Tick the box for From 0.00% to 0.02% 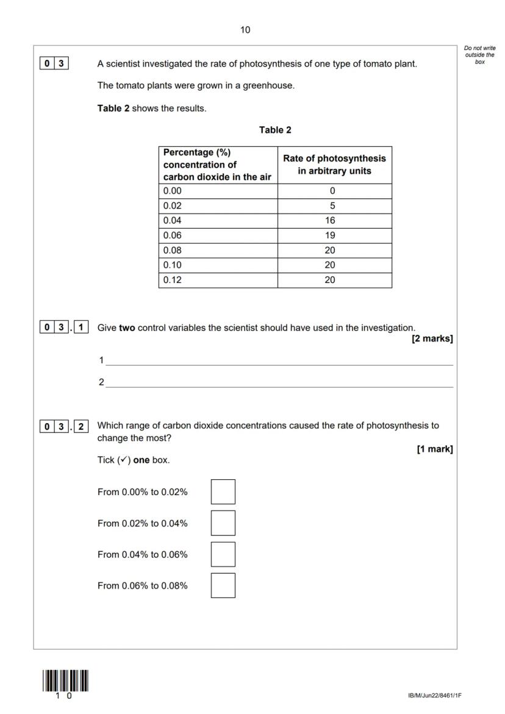click(223, 492)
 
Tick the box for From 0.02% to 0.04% click(223, 523)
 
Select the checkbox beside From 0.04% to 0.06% click(223, 554)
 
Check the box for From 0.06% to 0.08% click(223, 585)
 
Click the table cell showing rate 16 click(334, 221)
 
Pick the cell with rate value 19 click(334, 235)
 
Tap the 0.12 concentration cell click(218, 280)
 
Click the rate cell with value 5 click(334, 206)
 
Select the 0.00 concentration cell click(218, 191)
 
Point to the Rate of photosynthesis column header click(334, 165)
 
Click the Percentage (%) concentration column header click(218, 165)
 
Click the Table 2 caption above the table click(275, 130)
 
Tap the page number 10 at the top click(245, 30)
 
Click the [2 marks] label click(432, 339)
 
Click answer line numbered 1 click(279, 361)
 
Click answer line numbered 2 click(279, 383)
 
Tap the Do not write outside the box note click(479, 55)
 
